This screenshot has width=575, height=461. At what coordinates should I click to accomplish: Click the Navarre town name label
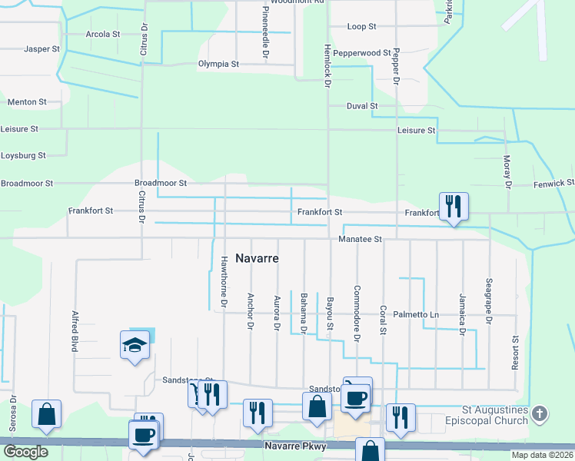pyautogui.click(x=257, y=258)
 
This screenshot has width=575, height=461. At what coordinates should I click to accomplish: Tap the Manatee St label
pyautogui.click(x=361, y=240)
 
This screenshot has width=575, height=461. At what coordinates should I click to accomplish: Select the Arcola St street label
pyautogui.click(x=103, y=35)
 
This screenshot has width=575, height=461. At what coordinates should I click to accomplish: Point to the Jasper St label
pyautogui.click(x=42, y=49)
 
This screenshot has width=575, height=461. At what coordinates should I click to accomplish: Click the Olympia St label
pyautogui.click(x=218, y=65)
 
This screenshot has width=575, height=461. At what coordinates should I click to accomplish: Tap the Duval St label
pyautogui.click(x=362, y=106)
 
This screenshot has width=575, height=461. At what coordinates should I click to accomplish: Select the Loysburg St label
pyautogui.click(x=23, y=155)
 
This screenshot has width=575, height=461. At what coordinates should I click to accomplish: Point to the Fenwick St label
pyautogui.click(x=554, y=183)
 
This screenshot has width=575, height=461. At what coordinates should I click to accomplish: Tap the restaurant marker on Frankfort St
pyautogui.click(x=454, y=206)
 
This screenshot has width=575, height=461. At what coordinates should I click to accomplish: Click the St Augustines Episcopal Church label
pyautogui.click(x=495, y=416)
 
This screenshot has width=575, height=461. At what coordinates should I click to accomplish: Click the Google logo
pyautogui.click(x=25, y=452)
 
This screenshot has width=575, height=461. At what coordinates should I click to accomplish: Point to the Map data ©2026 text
pyautogui.click(x=542, y=455)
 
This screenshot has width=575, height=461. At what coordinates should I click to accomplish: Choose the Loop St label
pyautogui.click(x=361, y=26)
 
